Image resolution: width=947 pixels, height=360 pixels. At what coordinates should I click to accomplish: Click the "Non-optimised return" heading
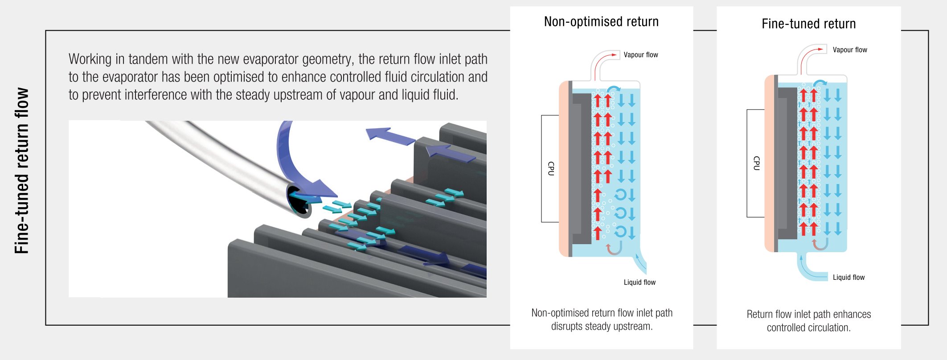601,21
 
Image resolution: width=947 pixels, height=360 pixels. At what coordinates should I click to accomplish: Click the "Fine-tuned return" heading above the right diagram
808,24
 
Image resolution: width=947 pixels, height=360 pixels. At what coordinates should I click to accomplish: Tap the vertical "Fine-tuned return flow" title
22,171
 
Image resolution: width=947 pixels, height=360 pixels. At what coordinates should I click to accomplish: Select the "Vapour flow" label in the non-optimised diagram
640,55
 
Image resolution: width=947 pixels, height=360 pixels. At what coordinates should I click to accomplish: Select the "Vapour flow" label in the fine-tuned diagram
850,50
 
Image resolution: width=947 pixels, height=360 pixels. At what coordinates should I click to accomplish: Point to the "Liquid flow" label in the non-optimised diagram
640,282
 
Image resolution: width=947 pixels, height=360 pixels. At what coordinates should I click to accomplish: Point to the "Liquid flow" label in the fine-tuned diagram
849,278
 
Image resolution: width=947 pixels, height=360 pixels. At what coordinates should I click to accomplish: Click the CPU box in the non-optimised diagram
550,168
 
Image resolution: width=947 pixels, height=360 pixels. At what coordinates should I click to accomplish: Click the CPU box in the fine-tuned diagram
755,163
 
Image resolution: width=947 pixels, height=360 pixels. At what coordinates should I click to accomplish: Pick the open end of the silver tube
299,201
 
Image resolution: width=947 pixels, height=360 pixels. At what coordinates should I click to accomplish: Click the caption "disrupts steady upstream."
602,327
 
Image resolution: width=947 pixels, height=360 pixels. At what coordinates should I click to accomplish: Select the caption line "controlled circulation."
808,328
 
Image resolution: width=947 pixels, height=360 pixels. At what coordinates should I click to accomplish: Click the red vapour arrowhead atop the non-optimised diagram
615,55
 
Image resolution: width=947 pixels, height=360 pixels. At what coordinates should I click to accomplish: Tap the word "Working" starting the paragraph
90,60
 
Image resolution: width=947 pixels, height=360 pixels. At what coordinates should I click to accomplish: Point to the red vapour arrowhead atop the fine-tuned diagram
823,50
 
